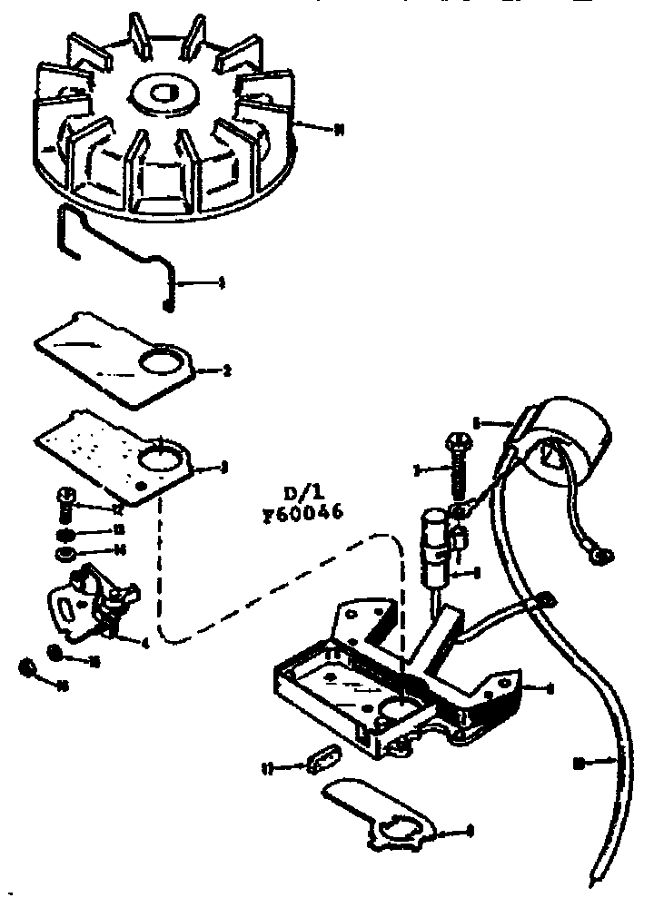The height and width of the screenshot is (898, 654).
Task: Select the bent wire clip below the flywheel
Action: (118, 253)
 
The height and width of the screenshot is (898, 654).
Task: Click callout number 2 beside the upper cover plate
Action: (226, 370)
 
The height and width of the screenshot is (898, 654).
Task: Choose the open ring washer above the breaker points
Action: (65, 553)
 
